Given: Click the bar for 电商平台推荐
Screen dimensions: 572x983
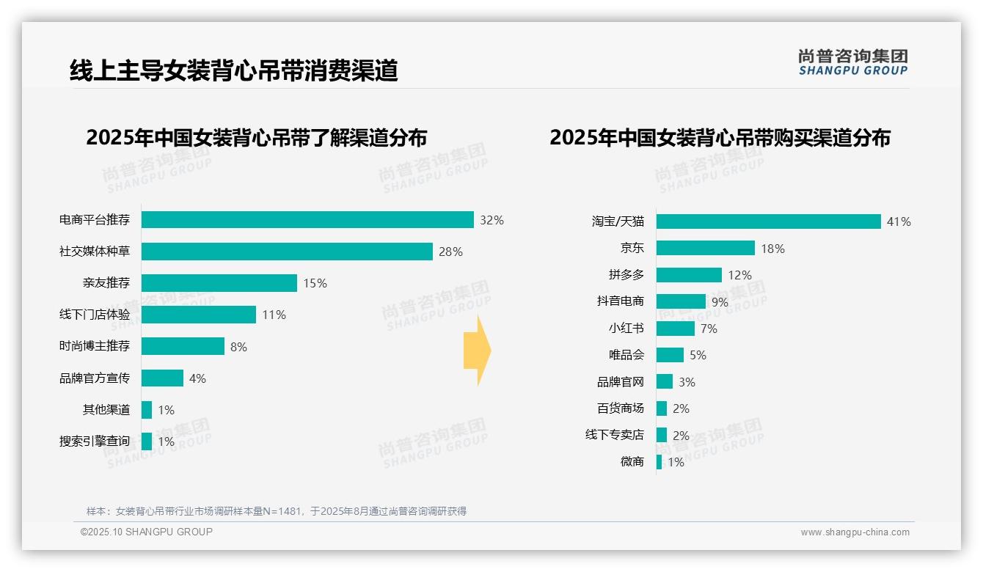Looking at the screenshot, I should (x=307, y=220).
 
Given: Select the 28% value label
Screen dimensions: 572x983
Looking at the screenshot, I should (x=450, y=252).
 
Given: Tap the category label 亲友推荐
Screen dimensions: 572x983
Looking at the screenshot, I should (x=106, y=283).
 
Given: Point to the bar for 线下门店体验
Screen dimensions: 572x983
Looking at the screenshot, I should (x=198, y=315).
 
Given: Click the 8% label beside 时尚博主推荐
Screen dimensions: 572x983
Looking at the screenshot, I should (x=238, y=347).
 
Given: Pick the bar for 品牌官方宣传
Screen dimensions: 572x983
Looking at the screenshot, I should (x=162, y=378).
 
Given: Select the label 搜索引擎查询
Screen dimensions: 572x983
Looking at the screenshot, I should (x=94, y=441).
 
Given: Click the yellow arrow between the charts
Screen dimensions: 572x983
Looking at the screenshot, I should (x=477, y=351).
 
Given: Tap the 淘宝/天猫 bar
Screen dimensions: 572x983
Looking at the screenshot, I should (x=768, y=221).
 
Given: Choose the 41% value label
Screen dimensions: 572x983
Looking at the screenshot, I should (x=899, y=221).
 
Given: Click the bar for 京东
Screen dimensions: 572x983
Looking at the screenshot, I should (x=705, y=248).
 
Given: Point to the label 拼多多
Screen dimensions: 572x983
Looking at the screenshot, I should (x=626, y=275).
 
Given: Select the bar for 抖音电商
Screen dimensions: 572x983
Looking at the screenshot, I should (x=681, y=301).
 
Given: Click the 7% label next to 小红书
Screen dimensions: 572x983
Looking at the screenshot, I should (x=709, y=329).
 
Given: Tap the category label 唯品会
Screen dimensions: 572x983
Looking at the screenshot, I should (x=626, y=355).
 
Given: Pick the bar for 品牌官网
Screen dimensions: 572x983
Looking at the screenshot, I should (x=664, y=381).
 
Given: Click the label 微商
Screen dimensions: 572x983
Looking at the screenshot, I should (x=632, y=461).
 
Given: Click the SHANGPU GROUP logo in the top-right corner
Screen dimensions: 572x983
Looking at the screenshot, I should (x=852, y=62).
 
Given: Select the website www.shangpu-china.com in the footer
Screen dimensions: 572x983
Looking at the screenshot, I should (x=855, y=532).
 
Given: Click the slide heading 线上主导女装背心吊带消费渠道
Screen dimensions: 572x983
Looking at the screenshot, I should (x=233, y=70).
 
